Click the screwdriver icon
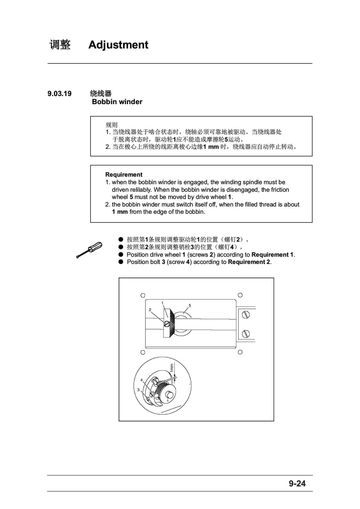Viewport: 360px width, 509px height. (89, 249)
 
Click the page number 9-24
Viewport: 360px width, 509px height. (297, 483)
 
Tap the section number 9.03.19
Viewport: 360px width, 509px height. (59, 94)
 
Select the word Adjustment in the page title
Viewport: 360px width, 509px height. (118, 45)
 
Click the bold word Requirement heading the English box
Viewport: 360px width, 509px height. (124, 175)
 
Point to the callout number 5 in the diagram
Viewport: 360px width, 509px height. (190, 305)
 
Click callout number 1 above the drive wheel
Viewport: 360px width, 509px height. (162, 303)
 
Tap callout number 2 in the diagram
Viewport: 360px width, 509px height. (150, 310)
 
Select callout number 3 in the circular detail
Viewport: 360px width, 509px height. (138, 390)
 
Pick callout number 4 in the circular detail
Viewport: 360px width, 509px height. (142, 380)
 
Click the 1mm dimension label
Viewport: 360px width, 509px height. (172, 368)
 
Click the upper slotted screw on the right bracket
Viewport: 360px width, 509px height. (246, 315)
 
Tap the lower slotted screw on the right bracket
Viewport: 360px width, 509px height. (246, 334)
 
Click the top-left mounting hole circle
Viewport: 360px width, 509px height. (143, 296)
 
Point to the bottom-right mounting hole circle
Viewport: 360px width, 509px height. (240, 352)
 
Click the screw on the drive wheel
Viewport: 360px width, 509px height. (167, 324)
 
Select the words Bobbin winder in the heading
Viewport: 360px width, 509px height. (117, 102)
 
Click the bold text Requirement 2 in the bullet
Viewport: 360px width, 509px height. (249, 262)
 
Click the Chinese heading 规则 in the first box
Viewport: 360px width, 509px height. (111, 125)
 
